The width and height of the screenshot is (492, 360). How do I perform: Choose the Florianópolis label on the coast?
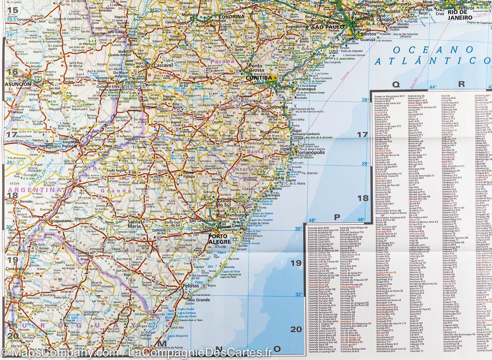pyautogui.click(x=310, y=153)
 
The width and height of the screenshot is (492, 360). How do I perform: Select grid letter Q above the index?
pyautogui.click(x=396, y=84)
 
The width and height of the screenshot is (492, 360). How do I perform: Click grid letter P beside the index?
pyautogui.click(x=337, y=216)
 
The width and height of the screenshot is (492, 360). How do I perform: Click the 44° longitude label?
pyautogui.click(x=433, y=87)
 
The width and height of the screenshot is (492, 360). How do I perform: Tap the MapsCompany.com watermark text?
pyautogui.click(x=61, y=353)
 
